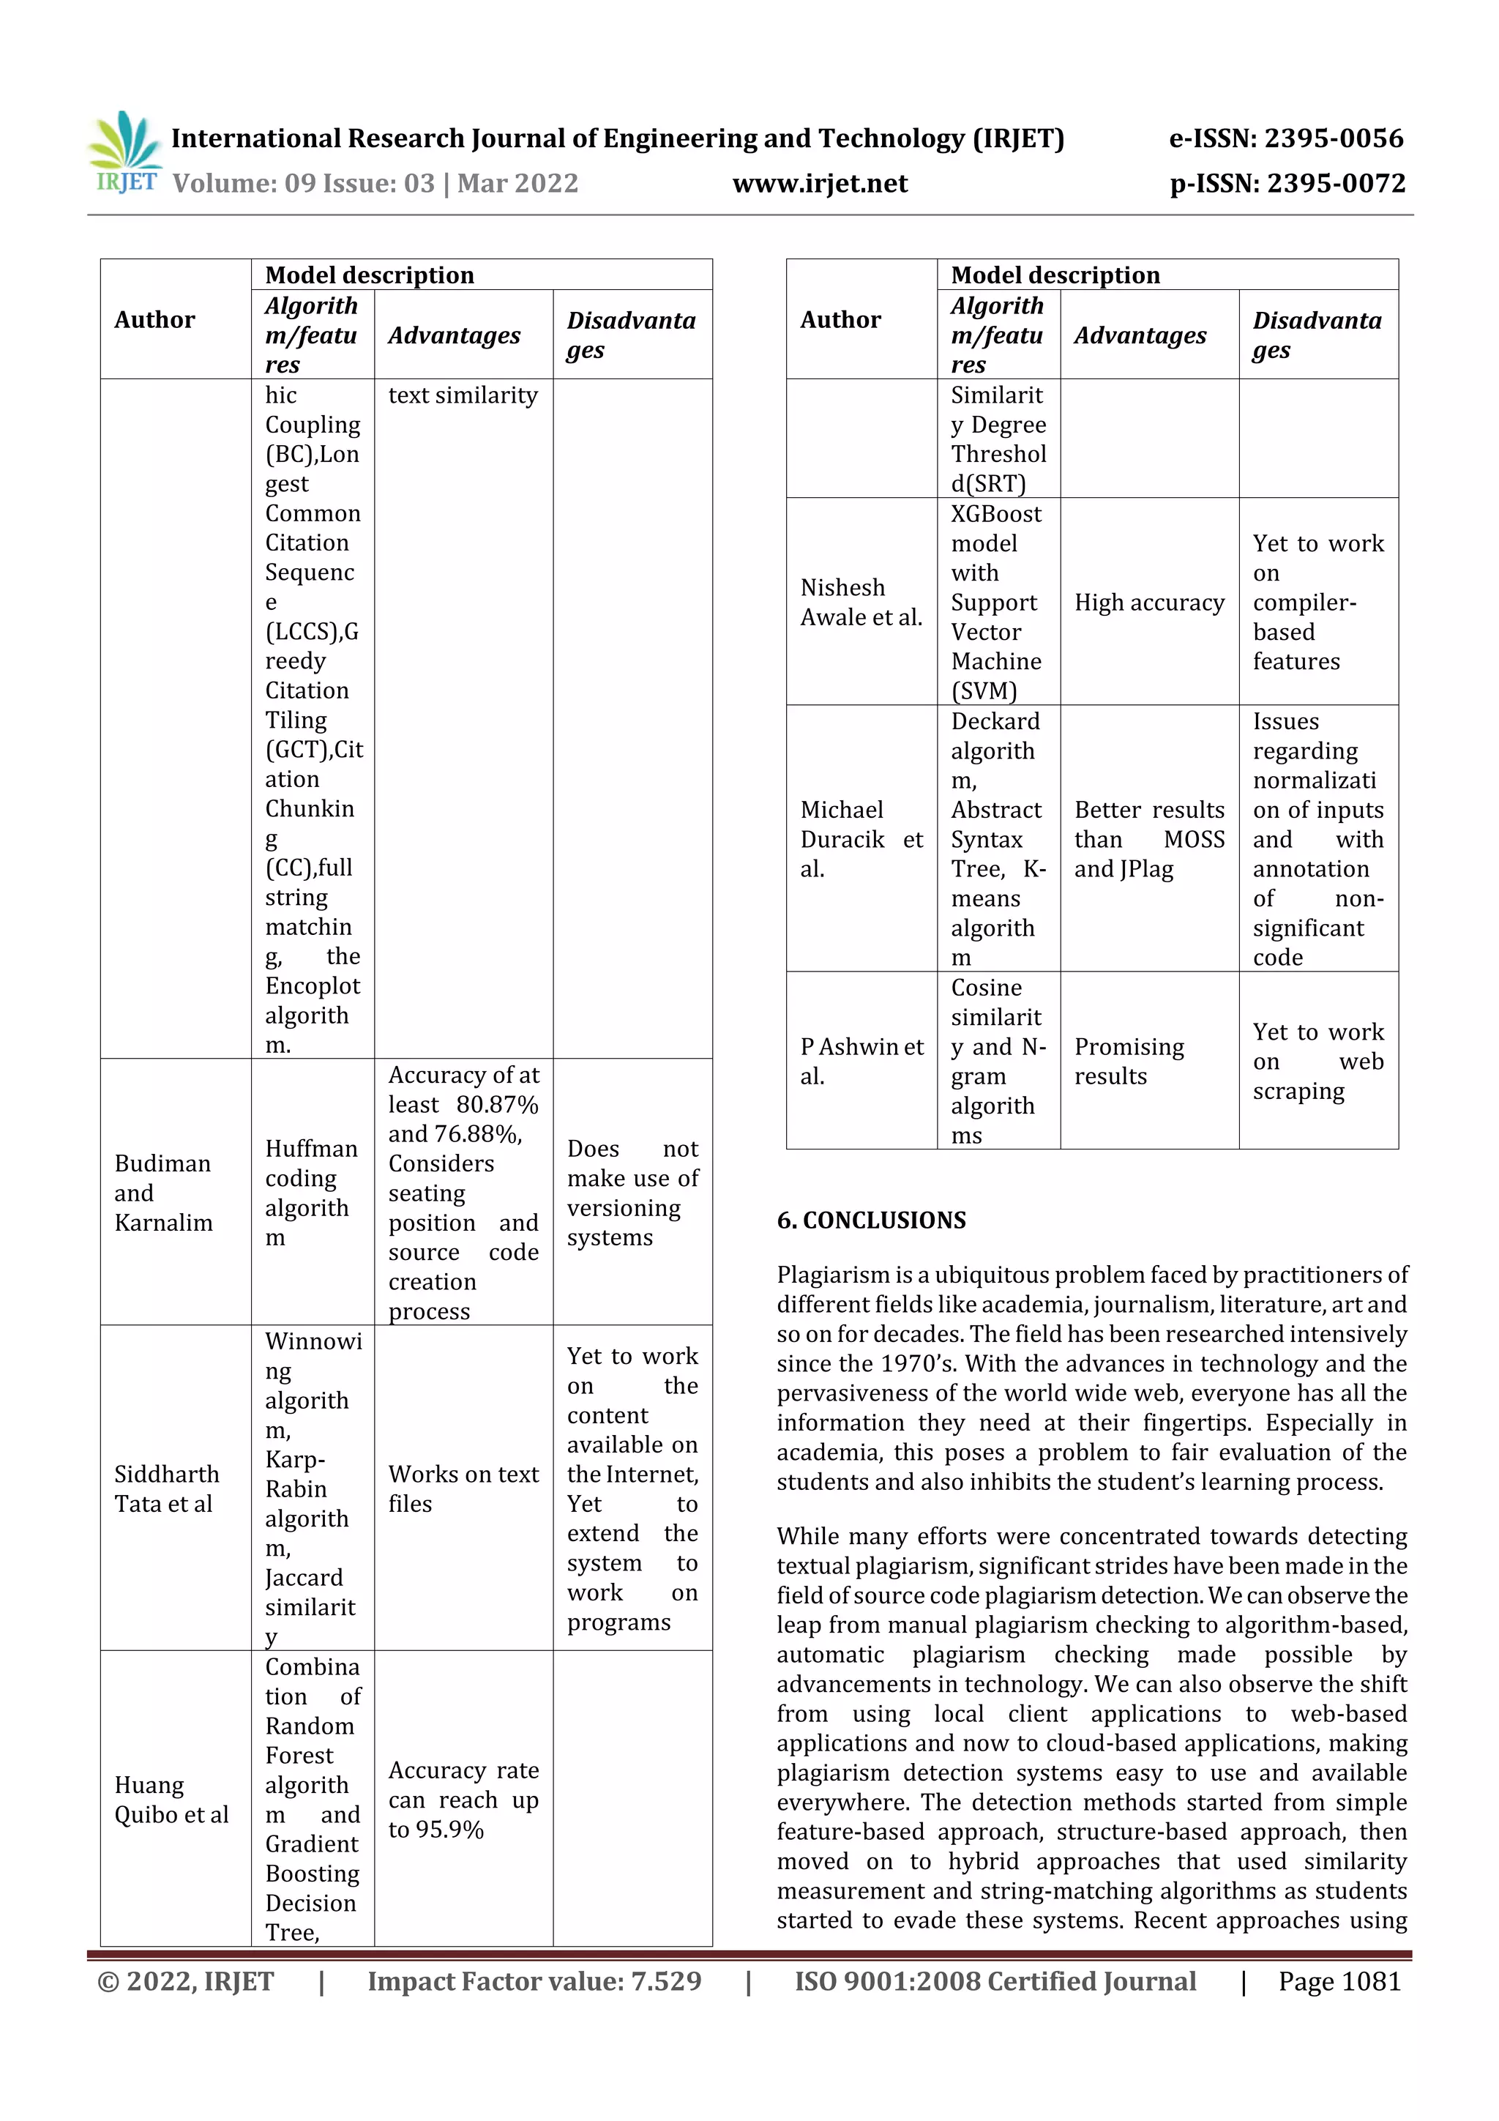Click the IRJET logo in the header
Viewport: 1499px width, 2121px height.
point(124,153)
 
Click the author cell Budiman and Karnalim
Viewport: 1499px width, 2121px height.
point(163,1193)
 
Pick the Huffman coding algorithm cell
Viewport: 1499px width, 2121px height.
point(310,1193)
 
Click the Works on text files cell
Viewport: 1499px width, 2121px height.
point(463,1488)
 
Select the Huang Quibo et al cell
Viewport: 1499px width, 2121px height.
point(170,1800)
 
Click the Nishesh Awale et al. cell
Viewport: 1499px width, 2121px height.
point(860,603)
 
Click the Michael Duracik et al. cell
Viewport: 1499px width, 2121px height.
point(860,839)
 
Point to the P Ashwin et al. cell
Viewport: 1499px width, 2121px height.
point(860,1060)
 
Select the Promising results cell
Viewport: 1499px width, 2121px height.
point(1128,1060)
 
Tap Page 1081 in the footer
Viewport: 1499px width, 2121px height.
point(1338,1980)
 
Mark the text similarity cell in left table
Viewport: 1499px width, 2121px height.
point(462,395)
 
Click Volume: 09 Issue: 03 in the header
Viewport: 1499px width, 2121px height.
point(303,184)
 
